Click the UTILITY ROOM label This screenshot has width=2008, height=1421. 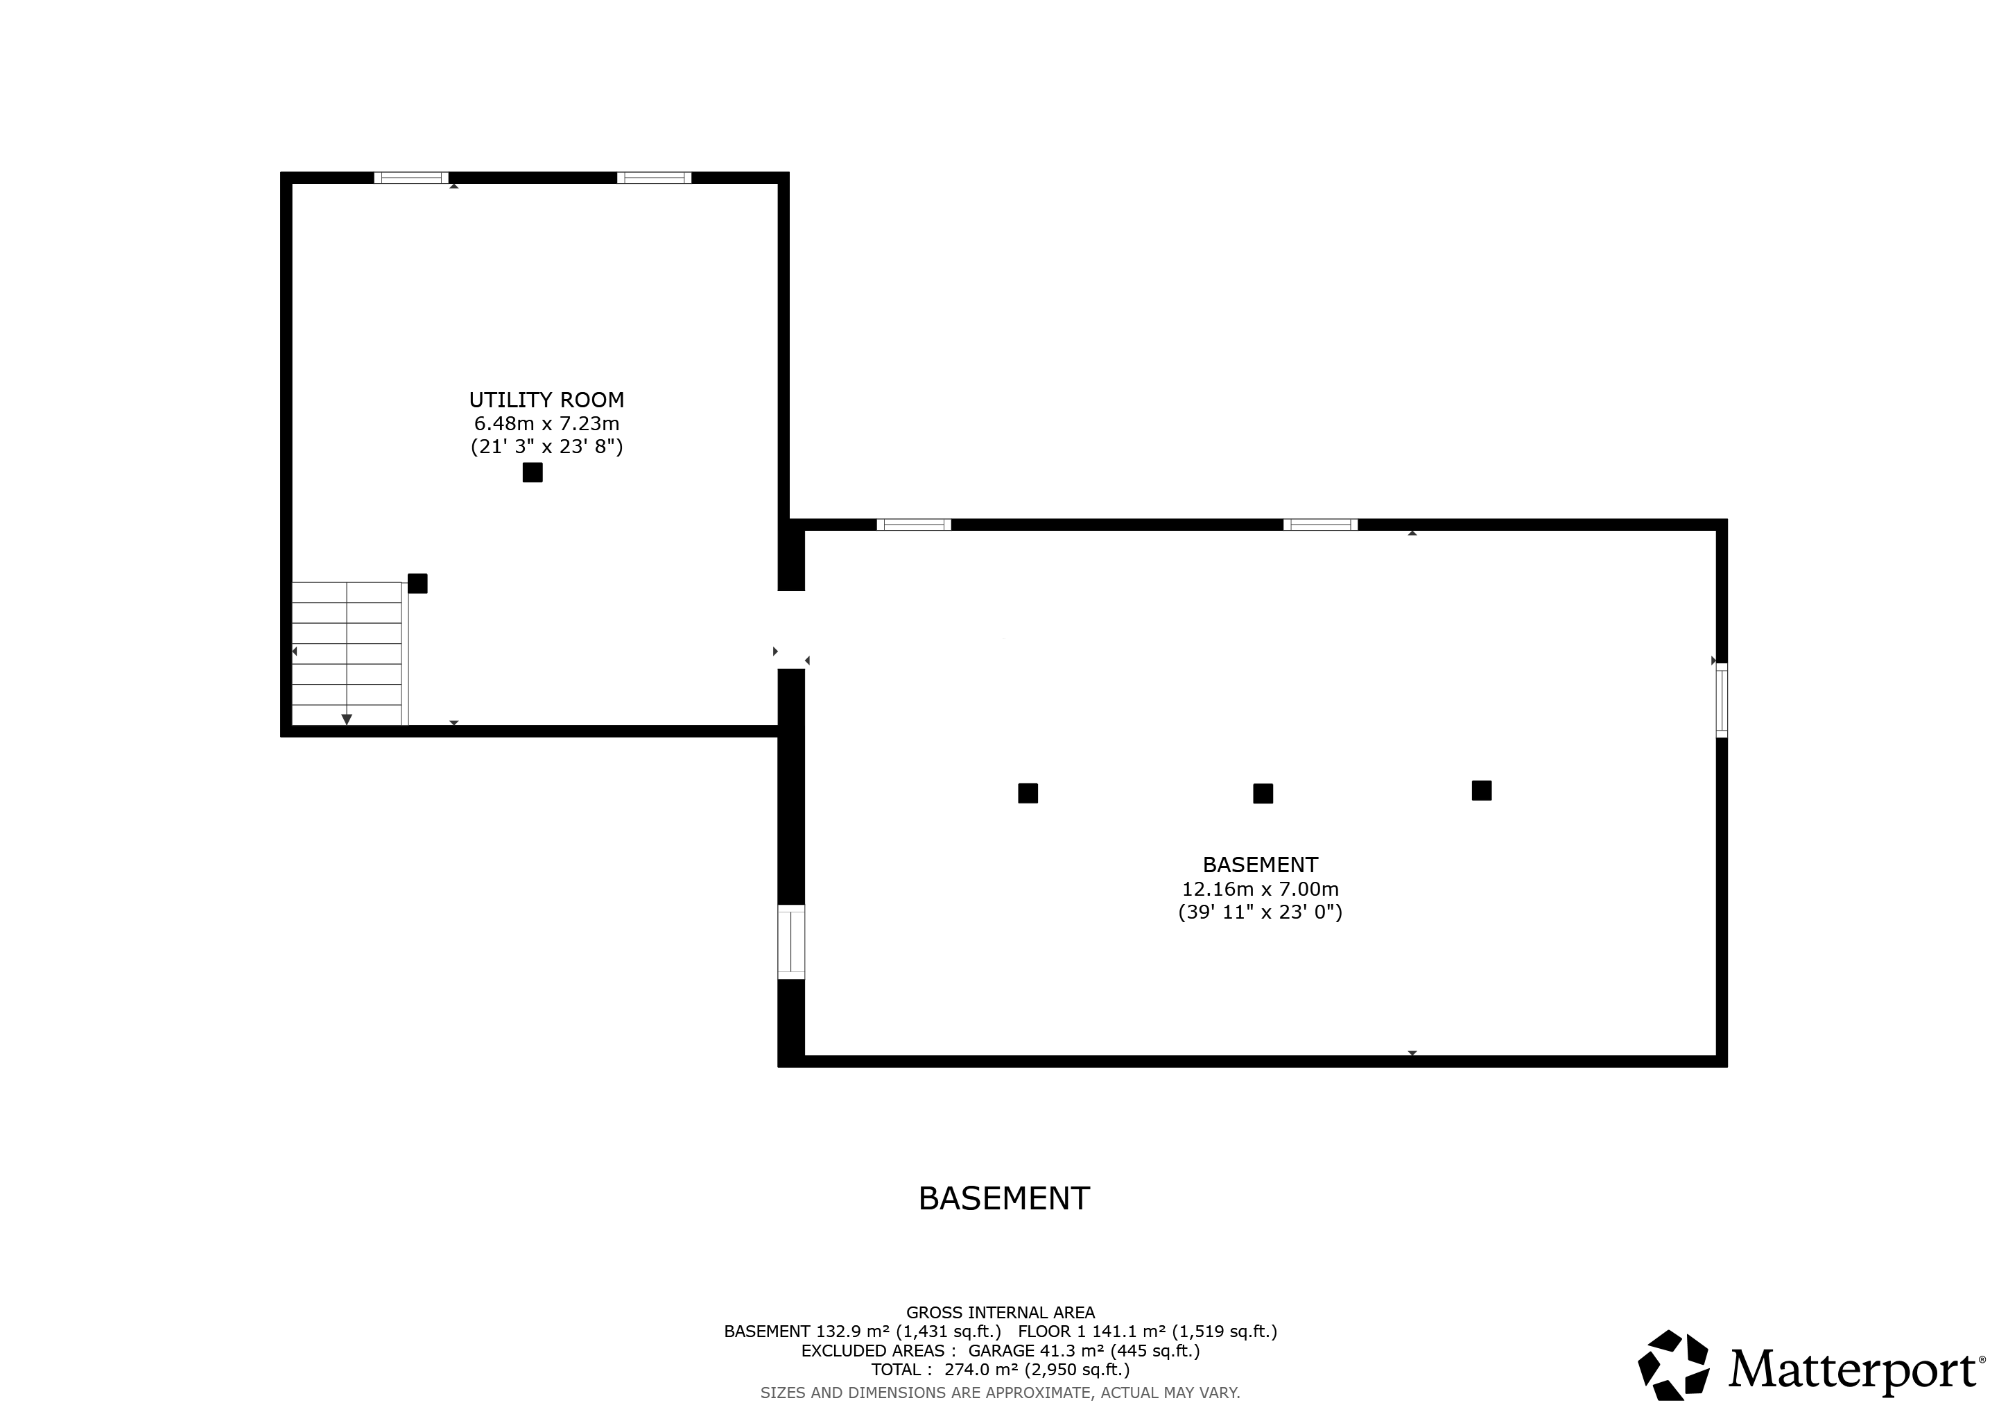[546, 400]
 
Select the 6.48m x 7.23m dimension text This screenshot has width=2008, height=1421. [546, 423]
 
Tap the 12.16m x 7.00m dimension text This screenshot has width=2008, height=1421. [1261, 889]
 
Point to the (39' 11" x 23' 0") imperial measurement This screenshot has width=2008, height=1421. [1261, 912]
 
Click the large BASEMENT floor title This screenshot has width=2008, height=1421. [1004, 1198]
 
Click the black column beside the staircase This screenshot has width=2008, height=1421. [418, 584]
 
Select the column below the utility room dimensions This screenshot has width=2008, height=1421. [533, 473]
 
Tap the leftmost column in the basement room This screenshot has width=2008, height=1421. [1028, 794]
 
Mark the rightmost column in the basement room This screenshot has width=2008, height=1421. [1482, 791]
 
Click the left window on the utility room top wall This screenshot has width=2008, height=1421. [411, 178]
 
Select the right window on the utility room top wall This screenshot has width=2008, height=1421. [654, 178]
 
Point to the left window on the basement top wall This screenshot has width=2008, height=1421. [914, 525]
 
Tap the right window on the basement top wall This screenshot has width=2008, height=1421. [1321, 525]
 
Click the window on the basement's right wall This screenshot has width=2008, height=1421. [1721, 700]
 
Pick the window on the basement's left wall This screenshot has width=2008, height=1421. [790, 942]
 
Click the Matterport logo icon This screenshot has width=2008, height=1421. [1674, 1366]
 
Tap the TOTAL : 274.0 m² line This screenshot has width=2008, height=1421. [1001, 1370]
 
